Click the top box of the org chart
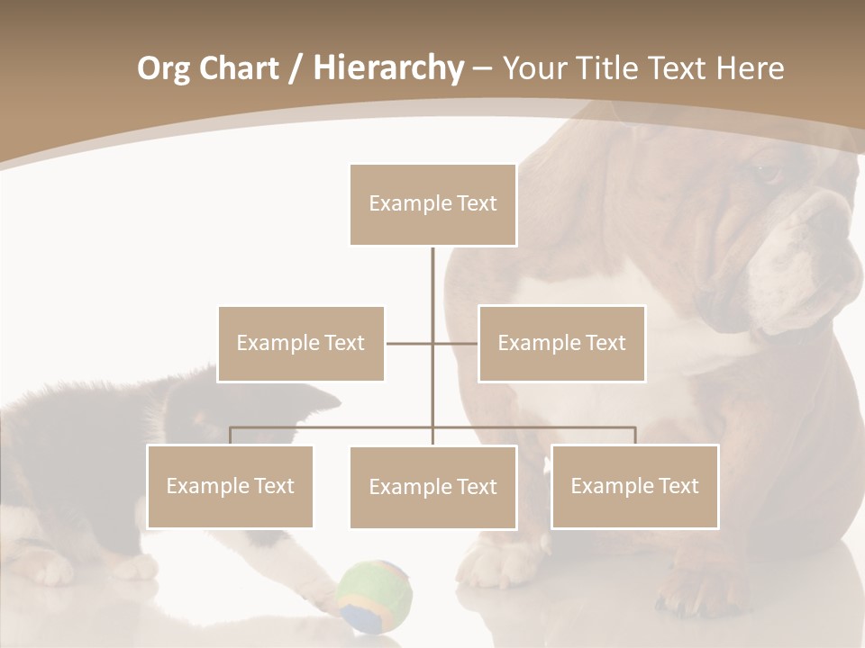(x=432, y=204)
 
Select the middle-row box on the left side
(x=301, y=343)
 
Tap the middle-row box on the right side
(x=561, y=343)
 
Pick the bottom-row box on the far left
(x=230, y=486)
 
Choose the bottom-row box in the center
(x=432, y=487)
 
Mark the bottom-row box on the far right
(x=634, y=486)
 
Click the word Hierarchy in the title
(x=388, y=68)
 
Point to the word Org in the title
(x=163, y=68)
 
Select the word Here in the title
(x=750, y=68)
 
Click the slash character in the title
(x=296, y=68)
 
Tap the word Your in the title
(x=532, y=68)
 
